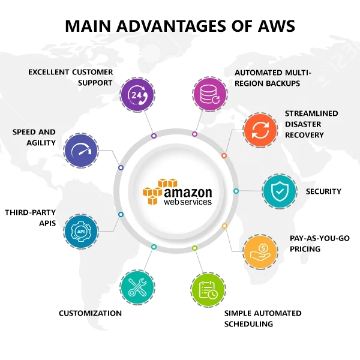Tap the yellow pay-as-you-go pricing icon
(x=261, y=251)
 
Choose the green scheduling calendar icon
(x=209, y=289)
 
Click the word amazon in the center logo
(x=188, y=193)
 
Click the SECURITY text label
(x=323, y=191)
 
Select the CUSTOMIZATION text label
(x=90, y=313)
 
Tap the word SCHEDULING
(x=248, y=324)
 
